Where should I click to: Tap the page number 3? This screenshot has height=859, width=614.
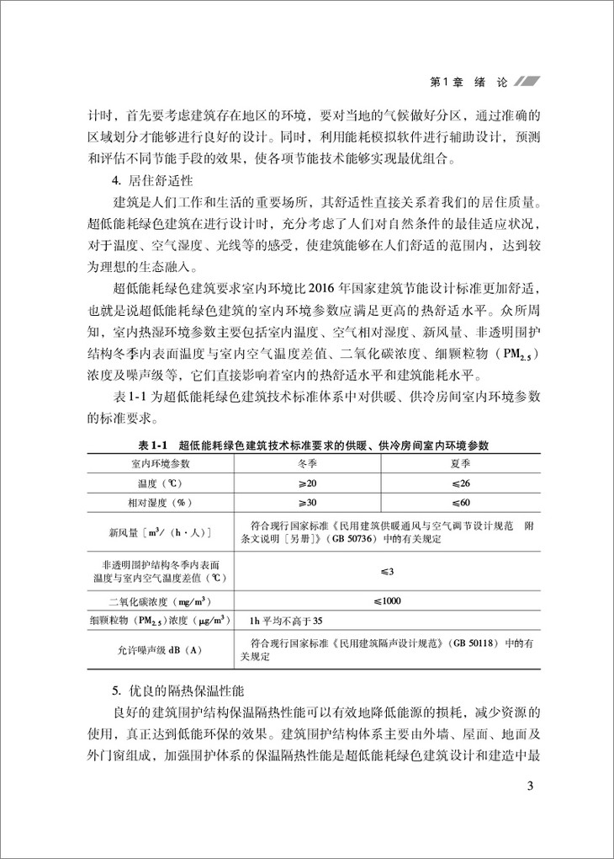pos(529,787)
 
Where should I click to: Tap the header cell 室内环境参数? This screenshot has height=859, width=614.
pos(160,463)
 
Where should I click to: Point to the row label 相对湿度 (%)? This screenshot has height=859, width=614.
pos(160,502)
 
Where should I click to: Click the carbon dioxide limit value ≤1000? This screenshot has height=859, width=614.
pos(387,600)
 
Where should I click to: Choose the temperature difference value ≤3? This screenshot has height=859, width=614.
pos(387,572)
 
